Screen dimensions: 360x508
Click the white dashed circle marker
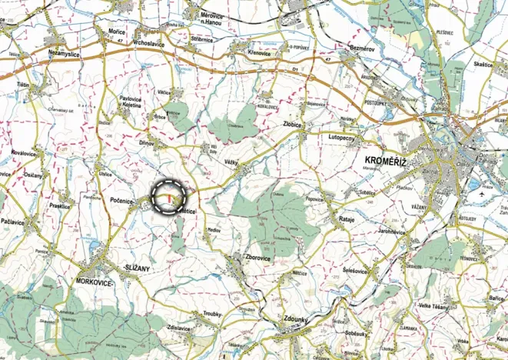coord(168,197)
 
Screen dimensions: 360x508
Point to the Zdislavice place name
coord(178,328)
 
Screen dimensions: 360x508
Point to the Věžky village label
coord(233,163)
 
